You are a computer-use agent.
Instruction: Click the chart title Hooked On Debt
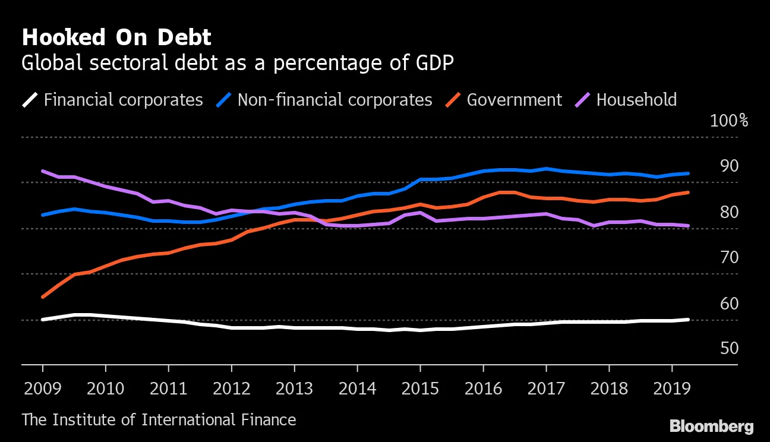tap(116, 38)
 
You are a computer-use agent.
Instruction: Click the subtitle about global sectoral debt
tap(238, 63)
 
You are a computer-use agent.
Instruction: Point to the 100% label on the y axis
tap(729, 121)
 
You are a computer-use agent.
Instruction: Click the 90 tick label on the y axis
tap(729, 166)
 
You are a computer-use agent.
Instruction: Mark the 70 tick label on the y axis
tap(729, 258)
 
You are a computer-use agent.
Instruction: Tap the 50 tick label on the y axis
tap(729, 348)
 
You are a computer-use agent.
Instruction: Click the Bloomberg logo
tap(711, 426)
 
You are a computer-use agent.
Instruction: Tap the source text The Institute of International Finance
tap(159, 420)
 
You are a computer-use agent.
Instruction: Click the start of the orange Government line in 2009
tap(43, 296)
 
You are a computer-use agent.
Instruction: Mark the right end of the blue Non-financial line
tap(688, 173)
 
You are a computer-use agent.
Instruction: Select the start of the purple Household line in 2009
tap(43, 171)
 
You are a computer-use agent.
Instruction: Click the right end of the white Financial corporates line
tap(688, 320)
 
